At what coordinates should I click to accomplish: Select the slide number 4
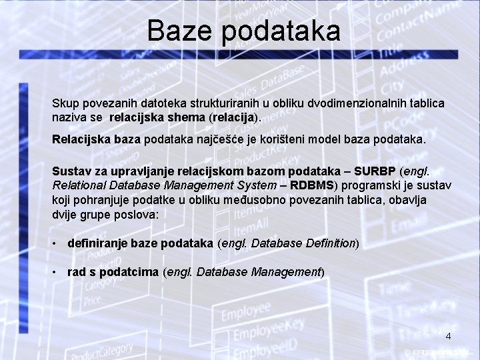[449, 336]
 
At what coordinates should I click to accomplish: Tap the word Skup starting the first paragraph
[65, 104]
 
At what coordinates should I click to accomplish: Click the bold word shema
[187, 117]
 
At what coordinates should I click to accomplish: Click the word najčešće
[253, 141]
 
